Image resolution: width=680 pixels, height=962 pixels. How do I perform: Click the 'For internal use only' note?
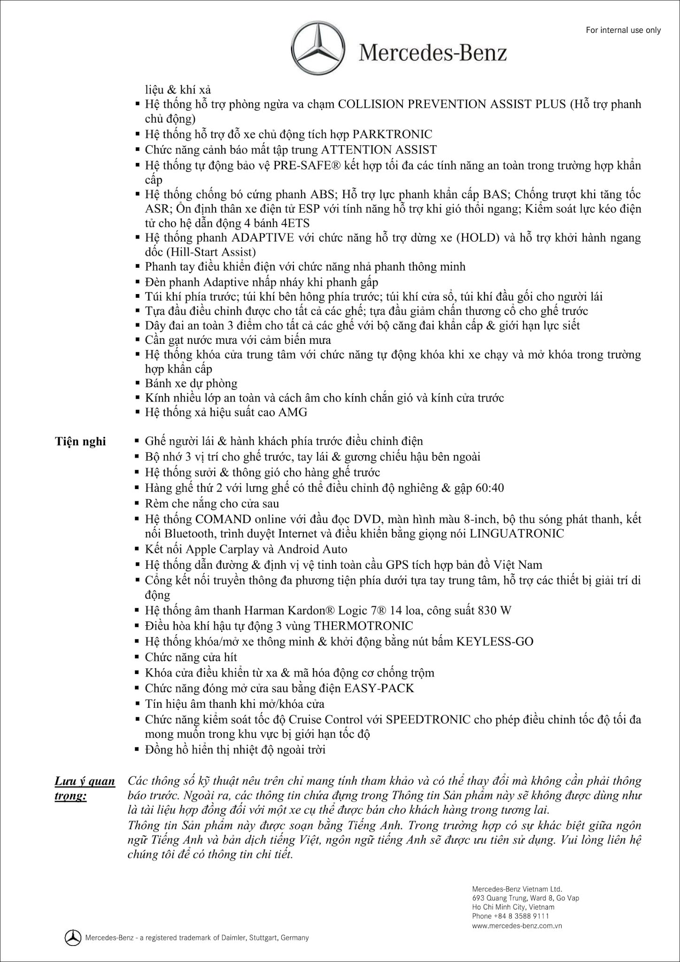623,31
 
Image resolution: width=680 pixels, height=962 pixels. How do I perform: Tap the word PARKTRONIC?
392,134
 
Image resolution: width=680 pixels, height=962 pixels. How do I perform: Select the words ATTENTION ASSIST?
379,150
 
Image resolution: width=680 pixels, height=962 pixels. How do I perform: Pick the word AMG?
293,412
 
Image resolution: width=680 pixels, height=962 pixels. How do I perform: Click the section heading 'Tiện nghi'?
80,442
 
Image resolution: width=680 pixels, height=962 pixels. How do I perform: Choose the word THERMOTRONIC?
363,626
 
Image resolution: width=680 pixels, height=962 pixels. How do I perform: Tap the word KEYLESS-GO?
495,642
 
